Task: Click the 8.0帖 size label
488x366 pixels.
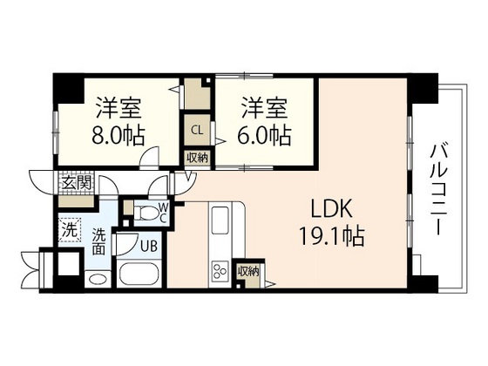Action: [x=120, y=136]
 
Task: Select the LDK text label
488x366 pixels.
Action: [x=331, y=209]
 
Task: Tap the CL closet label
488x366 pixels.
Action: [x=197, y=131]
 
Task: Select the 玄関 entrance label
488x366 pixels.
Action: [x=75, y=183]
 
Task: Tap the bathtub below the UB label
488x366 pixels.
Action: [x=139, y=276]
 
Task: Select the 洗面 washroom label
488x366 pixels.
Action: [x=99, y=241]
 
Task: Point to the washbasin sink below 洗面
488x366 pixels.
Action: [x=98, y=280]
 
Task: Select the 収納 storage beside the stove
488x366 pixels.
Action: [x=248, y=271]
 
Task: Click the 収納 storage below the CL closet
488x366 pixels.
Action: [x=197, y=157]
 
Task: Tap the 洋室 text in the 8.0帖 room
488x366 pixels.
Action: [x=120, y=110]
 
